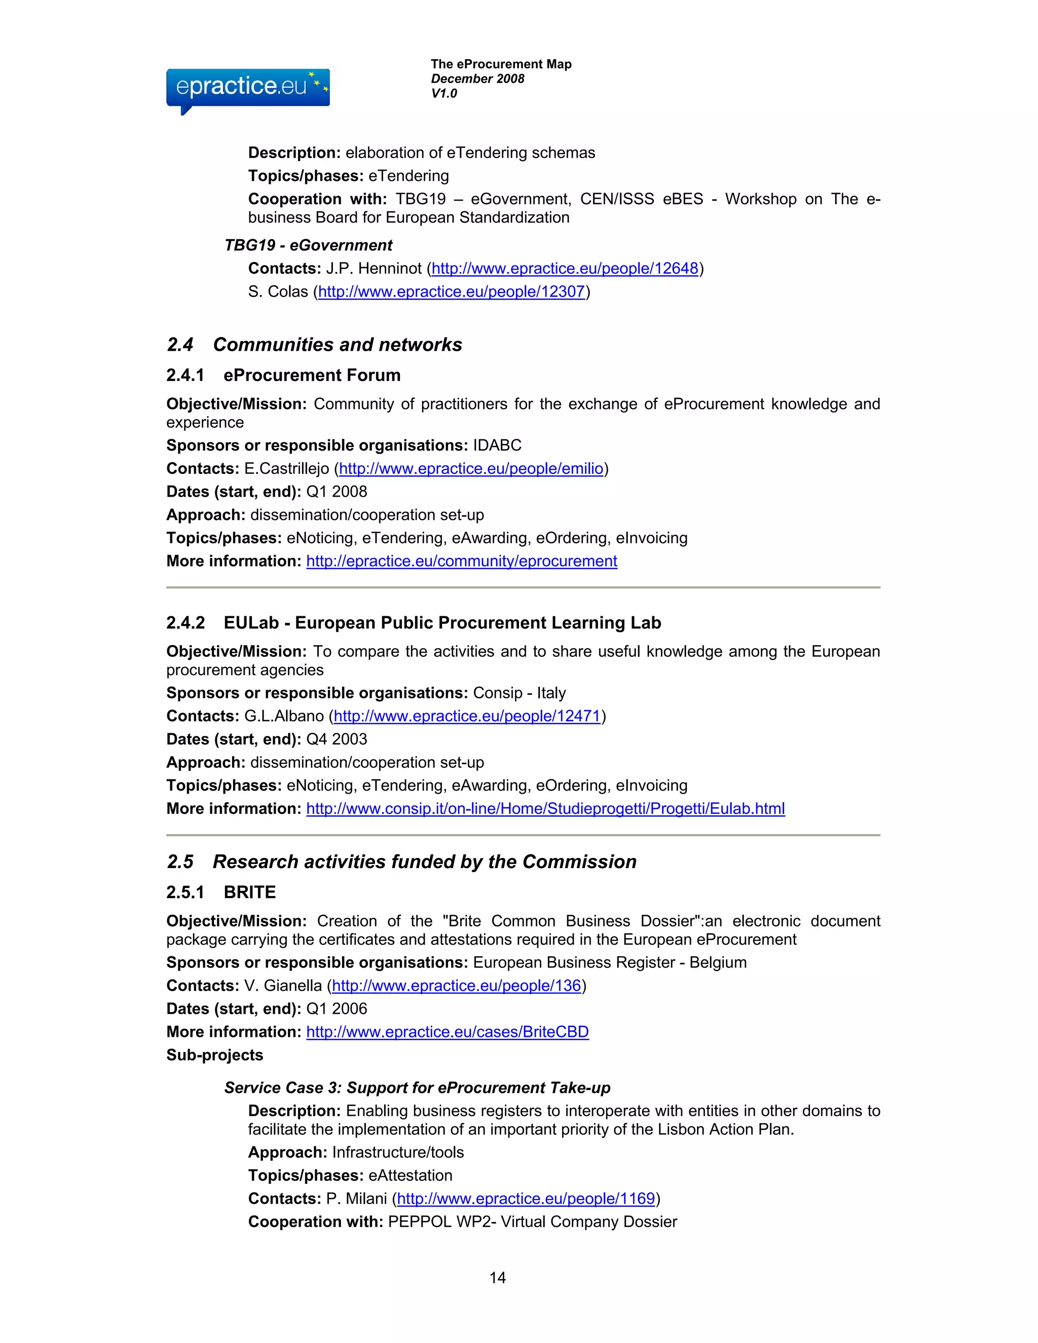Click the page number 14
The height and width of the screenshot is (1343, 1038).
pos(497,1277)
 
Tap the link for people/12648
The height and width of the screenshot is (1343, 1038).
pos(565,269)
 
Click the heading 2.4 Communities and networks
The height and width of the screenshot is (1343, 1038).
pos(314,344)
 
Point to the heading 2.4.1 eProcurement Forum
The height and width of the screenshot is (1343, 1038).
pos(283,375)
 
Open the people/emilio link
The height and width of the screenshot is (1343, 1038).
pos(470,469)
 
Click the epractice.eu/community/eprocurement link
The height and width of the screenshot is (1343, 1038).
pos(461,561)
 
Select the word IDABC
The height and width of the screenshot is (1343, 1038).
pos(497,445)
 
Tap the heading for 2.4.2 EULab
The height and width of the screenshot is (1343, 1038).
pos(413,622)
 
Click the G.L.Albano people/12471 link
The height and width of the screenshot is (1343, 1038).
pos(467,716)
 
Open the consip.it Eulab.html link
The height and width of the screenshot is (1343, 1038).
pos(545,809)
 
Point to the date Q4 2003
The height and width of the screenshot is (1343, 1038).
pos(337,739)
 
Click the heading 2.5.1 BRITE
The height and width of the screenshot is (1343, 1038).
pos(221,892)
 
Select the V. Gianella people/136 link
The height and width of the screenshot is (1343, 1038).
pos(456,986)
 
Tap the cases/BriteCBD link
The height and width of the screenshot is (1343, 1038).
pos(447,1032)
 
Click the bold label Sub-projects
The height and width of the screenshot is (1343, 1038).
pos(214,1055)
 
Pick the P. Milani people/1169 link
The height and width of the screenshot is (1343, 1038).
pos(526,1199)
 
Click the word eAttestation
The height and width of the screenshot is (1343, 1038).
pos(410,1175)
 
